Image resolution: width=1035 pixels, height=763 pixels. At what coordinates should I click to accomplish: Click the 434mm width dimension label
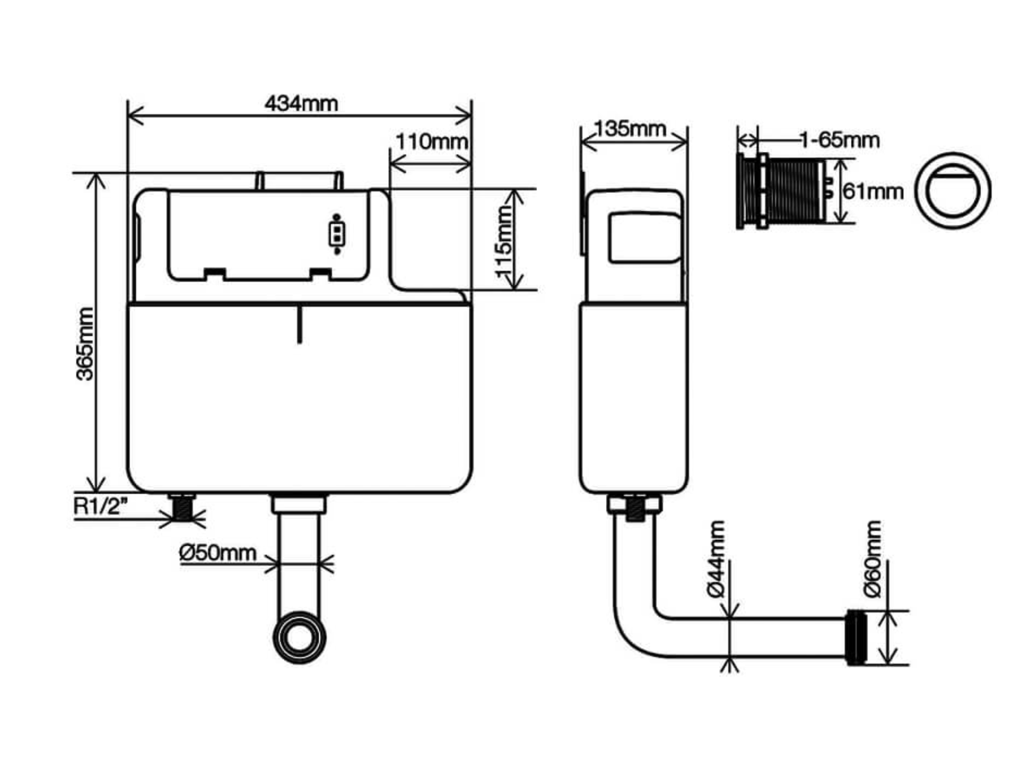click(x=301, y=103)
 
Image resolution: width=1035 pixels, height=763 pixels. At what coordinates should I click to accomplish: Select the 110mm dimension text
click(x=431, y=141)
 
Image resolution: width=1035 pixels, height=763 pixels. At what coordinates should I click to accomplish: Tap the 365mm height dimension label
click(x=85, y=344)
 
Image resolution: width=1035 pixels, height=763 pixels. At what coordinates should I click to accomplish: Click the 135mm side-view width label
click(x=630, y=129)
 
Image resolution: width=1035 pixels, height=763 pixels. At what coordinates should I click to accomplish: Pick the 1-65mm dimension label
click(x=839, y=140)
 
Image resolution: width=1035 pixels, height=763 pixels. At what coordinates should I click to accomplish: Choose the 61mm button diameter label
click(x=873, y=191)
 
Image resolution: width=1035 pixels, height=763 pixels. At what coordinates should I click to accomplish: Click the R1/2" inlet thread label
click(x=100, y=506)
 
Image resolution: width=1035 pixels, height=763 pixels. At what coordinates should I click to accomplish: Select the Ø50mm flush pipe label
click(x=218, y=553)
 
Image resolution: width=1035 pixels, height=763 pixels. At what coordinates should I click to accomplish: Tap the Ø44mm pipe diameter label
click(x=717, y=560)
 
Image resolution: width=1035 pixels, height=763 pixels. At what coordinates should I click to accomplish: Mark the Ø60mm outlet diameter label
click(x=873, y=560)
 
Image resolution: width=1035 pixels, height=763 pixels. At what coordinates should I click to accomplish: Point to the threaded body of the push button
click(x=794, y=191)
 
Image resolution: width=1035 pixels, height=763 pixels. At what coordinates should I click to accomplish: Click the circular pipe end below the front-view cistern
click(x=300, y=636)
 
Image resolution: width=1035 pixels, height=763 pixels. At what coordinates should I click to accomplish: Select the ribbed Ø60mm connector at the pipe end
click(x=857, y=637)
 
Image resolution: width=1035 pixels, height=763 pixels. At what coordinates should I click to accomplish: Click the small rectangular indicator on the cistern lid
click(x=336, y=234)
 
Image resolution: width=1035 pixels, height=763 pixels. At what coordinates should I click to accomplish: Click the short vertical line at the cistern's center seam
click(x=300, y=325)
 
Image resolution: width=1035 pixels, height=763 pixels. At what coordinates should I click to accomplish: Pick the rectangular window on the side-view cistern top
click(x=642, y=237)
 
